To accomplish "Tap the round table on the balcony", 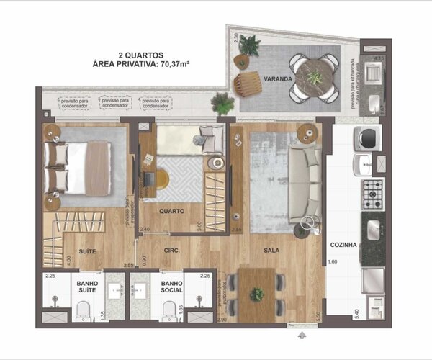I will coord(315,77).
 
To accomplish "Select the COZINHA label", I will coord(343,245).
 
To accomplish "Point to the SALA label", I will coord(271,251).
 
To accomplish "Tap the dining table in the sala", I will coord(257,294).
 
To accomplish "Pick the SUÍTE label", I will coord(88,251).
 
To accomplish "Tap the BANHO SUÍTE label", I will coord(88,289).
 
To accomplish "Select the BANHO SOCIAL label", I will coord(172,289).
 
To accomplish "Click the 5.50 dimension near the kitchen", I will coord(317,315).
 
